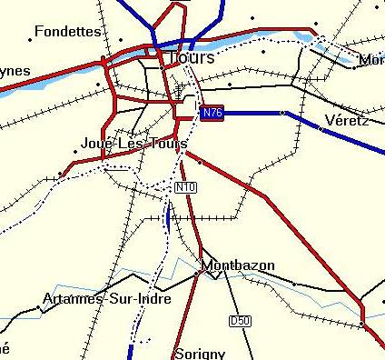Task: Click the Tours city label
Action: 192,57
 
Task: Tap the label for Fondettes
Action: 68,32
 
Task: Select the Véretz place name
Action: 346,119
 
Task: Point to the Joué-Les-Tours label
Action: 133,144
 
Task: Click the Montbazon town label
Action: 237,266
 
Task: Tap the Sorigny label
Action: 199,351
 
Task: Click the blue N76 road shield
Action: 212,113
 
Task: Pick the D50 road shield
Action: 240,321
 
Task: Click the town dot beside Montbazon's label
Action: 197,271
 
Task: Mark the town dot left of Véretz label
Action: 321,129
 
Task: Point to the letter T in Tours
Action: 173,57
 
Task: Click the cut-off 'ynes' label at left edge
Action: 15,71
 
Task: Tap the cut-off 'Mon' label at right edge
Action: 372,60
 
